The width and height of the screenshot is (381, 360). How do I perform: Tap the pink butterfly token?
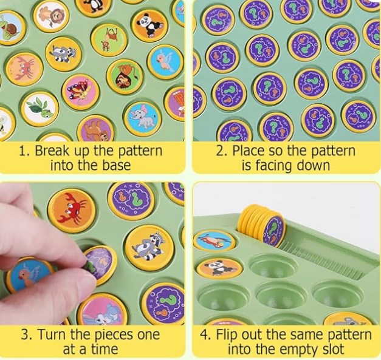click(80, 92)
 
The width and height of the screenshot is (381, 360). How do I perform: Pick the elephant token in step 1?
click(143, 119)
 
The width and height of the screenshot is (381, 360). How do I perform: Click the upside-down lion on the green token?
click(125, 76)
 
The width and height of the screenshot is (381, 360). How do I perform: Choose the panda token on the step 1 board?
click(149, 25)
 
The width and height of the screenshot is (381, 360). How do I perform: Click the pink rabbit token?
click(103, 310)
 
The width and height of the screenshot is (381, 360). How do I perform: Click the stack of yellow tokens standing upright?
click(262, 225)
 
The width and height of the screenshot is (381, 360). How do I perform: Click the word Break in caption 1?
click(51, 151)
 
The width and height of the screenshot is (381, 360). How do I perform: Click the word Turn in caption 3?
click(52, 335)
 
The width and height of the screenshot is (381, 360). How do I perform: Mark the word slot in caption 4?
click(332, 349)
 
